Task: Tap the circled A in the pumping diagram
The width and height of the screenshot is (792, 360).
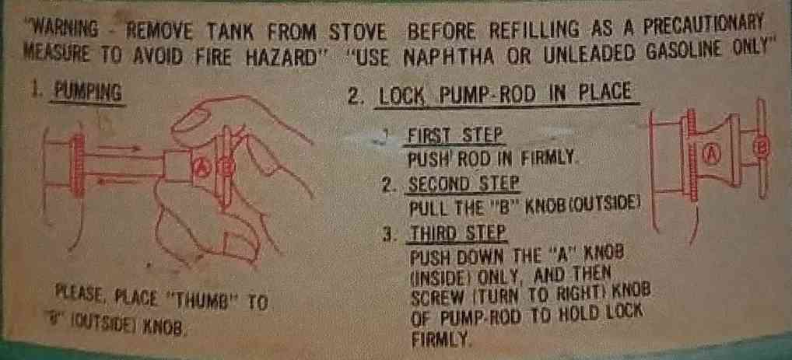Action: click(198, 168)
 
